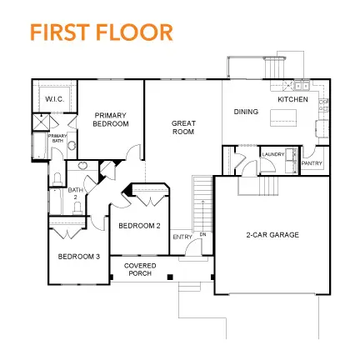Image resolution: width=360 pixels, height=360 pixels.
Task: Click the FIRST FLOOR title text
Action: (101, 32)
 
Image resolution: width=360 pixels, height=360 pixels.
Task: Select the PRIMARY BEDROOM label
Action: (112, 119)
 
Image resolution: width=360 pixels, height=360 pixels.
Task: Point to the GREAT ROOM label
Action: (183, 127)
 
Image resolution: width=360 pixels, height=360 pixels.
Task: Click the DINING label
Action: (246, 111)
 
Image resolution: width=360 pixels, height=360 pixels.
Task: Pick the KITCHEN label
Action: (292, 100)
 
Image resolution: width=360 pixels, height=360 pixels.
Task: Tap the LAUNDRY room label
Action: (272, 155)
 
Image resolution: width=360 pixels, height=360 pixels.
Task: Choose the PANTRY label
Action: (312, 163)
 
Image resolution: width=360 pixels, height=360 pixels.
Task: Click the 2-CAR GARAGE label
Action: (272, 235)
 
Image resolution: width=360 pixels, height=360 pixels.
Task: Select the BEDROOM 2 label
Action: (140, 226)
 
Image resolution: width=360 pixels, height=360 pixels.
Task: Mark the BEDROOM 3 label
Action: (78, 257)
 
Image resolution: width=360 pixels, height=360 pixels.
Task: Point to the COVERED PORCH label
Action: (140, 269)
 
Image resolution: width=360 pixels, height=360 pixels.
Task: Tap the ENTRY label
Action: (182, 237)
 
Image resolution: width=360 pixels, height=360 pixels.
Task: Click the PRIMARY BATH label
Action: (57, 138)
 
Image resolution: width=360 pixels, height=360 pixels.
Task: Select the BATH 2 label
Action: (76, 192)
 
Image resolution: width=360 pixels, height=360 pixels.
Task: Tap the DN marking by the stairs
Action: (202, 234)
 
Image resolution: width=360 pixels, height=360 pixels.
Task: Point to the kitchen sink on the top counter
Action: (301, 85)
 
